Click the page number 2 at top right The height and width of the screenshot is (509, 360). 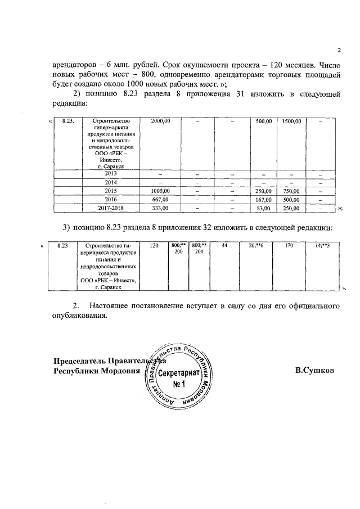(339, 49)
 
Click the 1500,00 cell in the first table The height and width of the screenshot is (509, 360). (292, 121)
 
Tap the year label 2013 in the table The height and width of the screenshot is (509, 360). (110, 173)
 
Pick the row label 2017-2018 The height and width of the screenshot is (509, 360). (110, 208)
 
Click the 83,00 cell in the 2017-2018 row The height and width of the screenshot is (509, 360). (263, 208)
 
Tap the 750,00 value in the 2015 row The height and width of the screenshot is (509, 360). (292, 191)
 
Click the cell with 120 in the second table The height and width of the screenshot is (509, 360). (154, 246)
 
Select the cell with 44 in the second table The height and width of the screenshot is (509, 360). (224, 246)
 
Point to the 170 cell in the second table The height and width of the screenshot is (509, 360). (289, 246)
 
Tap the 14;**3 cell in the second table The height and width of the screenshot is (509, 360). (322, 246)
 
